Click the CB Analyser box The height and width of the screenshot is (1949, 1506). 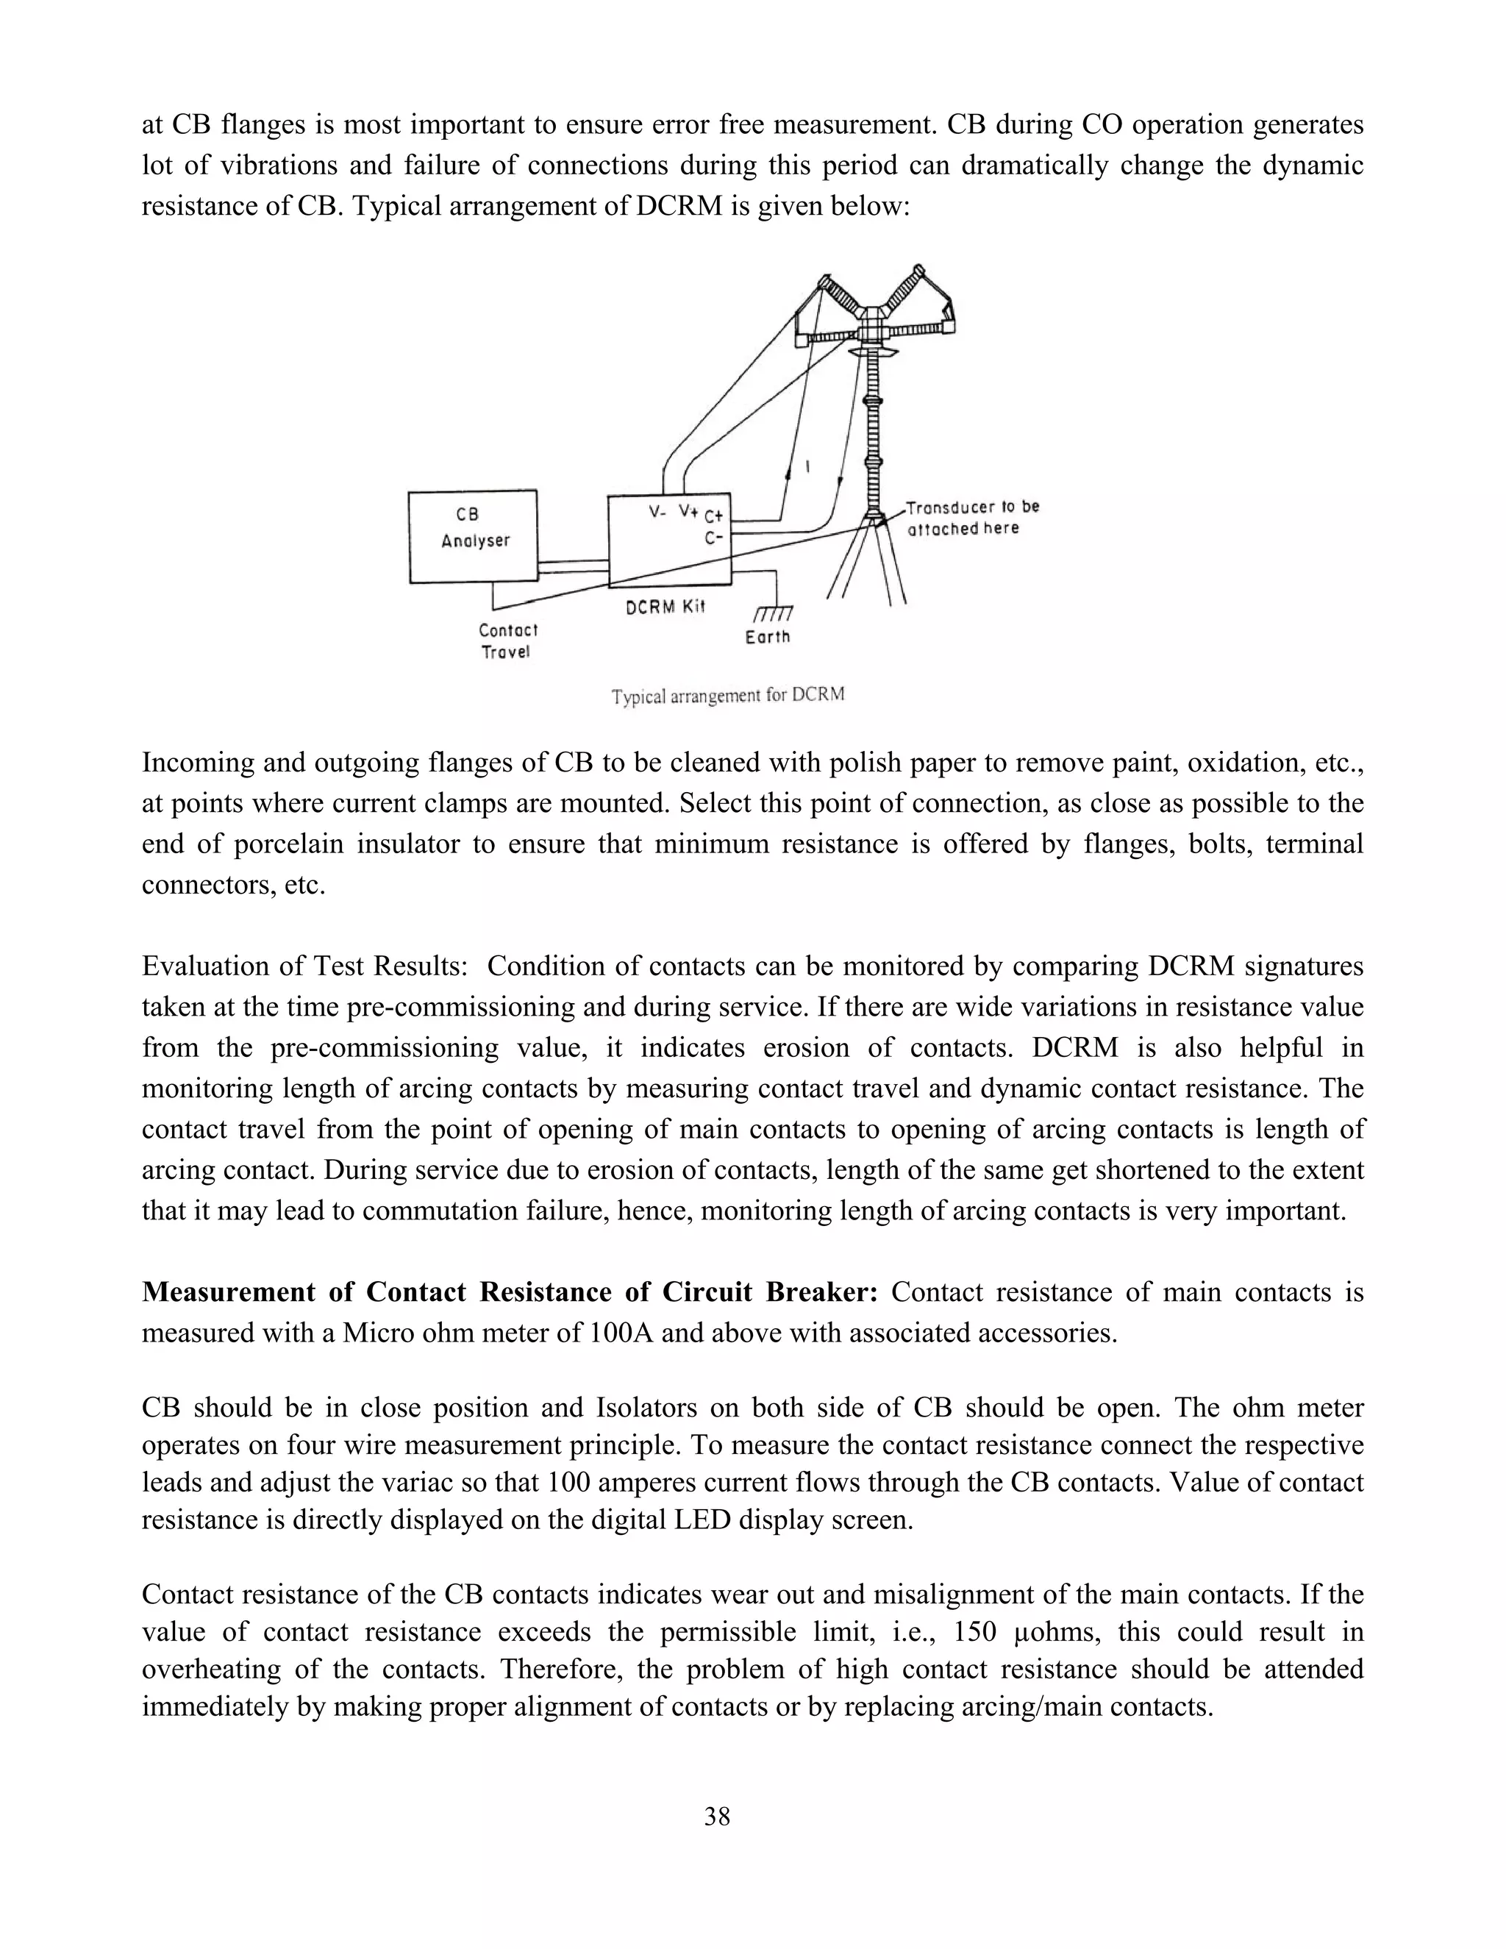[473, 535]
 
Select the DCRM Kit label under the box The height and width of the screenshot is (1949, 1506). [665, 607]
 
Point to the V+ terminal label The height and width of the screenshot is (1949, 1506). [687, 511]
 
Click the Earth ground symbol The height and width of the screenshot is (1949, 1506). [773, 614]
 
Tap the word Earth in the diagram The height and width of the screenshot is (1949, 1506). [767, 637]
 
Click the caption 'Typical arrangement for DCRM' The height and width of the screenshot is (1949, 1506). [727, 695]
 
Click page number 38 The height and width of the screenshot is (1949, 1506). [716, 1816]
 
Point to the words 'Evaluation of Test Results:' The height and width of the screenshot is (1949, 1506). [304, 966]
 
